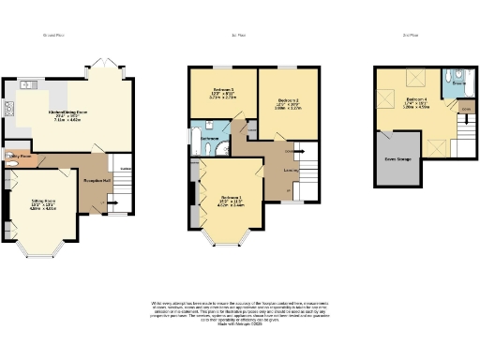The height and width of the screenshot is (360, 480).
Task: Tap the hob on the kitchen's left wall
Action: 11,111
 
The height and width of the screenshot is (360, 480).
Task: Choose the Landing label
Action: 291,170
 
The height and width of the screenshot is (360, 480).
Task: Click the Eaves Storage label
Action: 397,159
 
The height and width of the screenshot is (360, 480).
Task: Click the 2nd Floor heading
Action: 410,35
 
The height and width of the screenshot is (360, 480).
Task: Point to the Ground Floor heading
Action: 52,35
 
